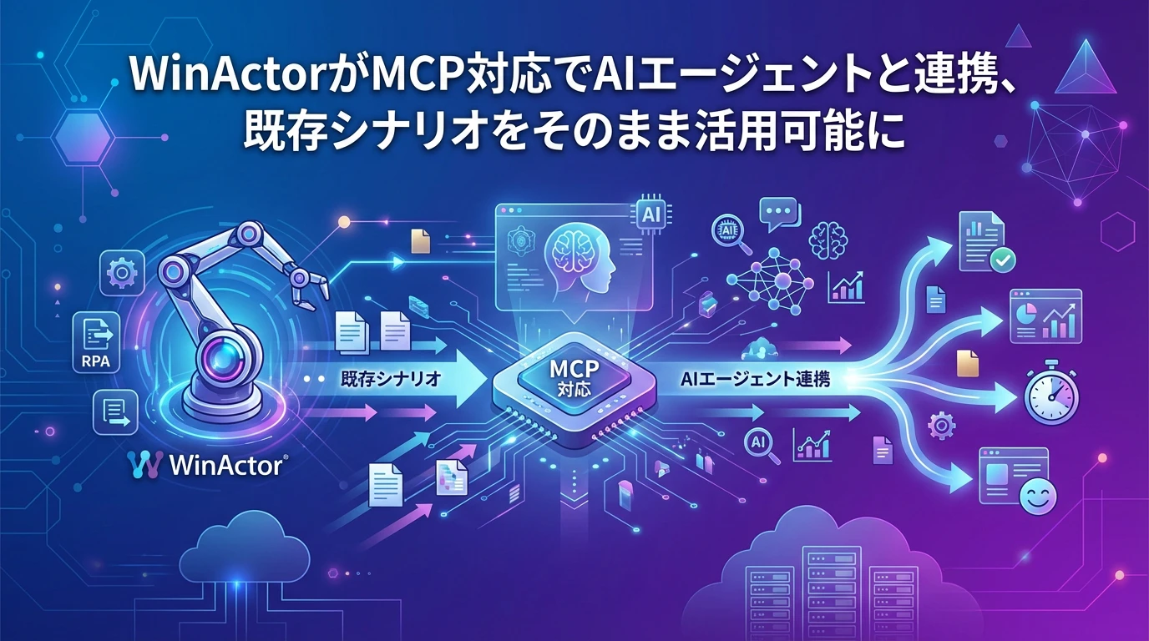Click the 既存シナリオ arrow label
[392, 378]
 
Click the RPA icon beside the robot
[97, 341]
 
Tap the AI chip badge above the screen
[650, 214]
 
